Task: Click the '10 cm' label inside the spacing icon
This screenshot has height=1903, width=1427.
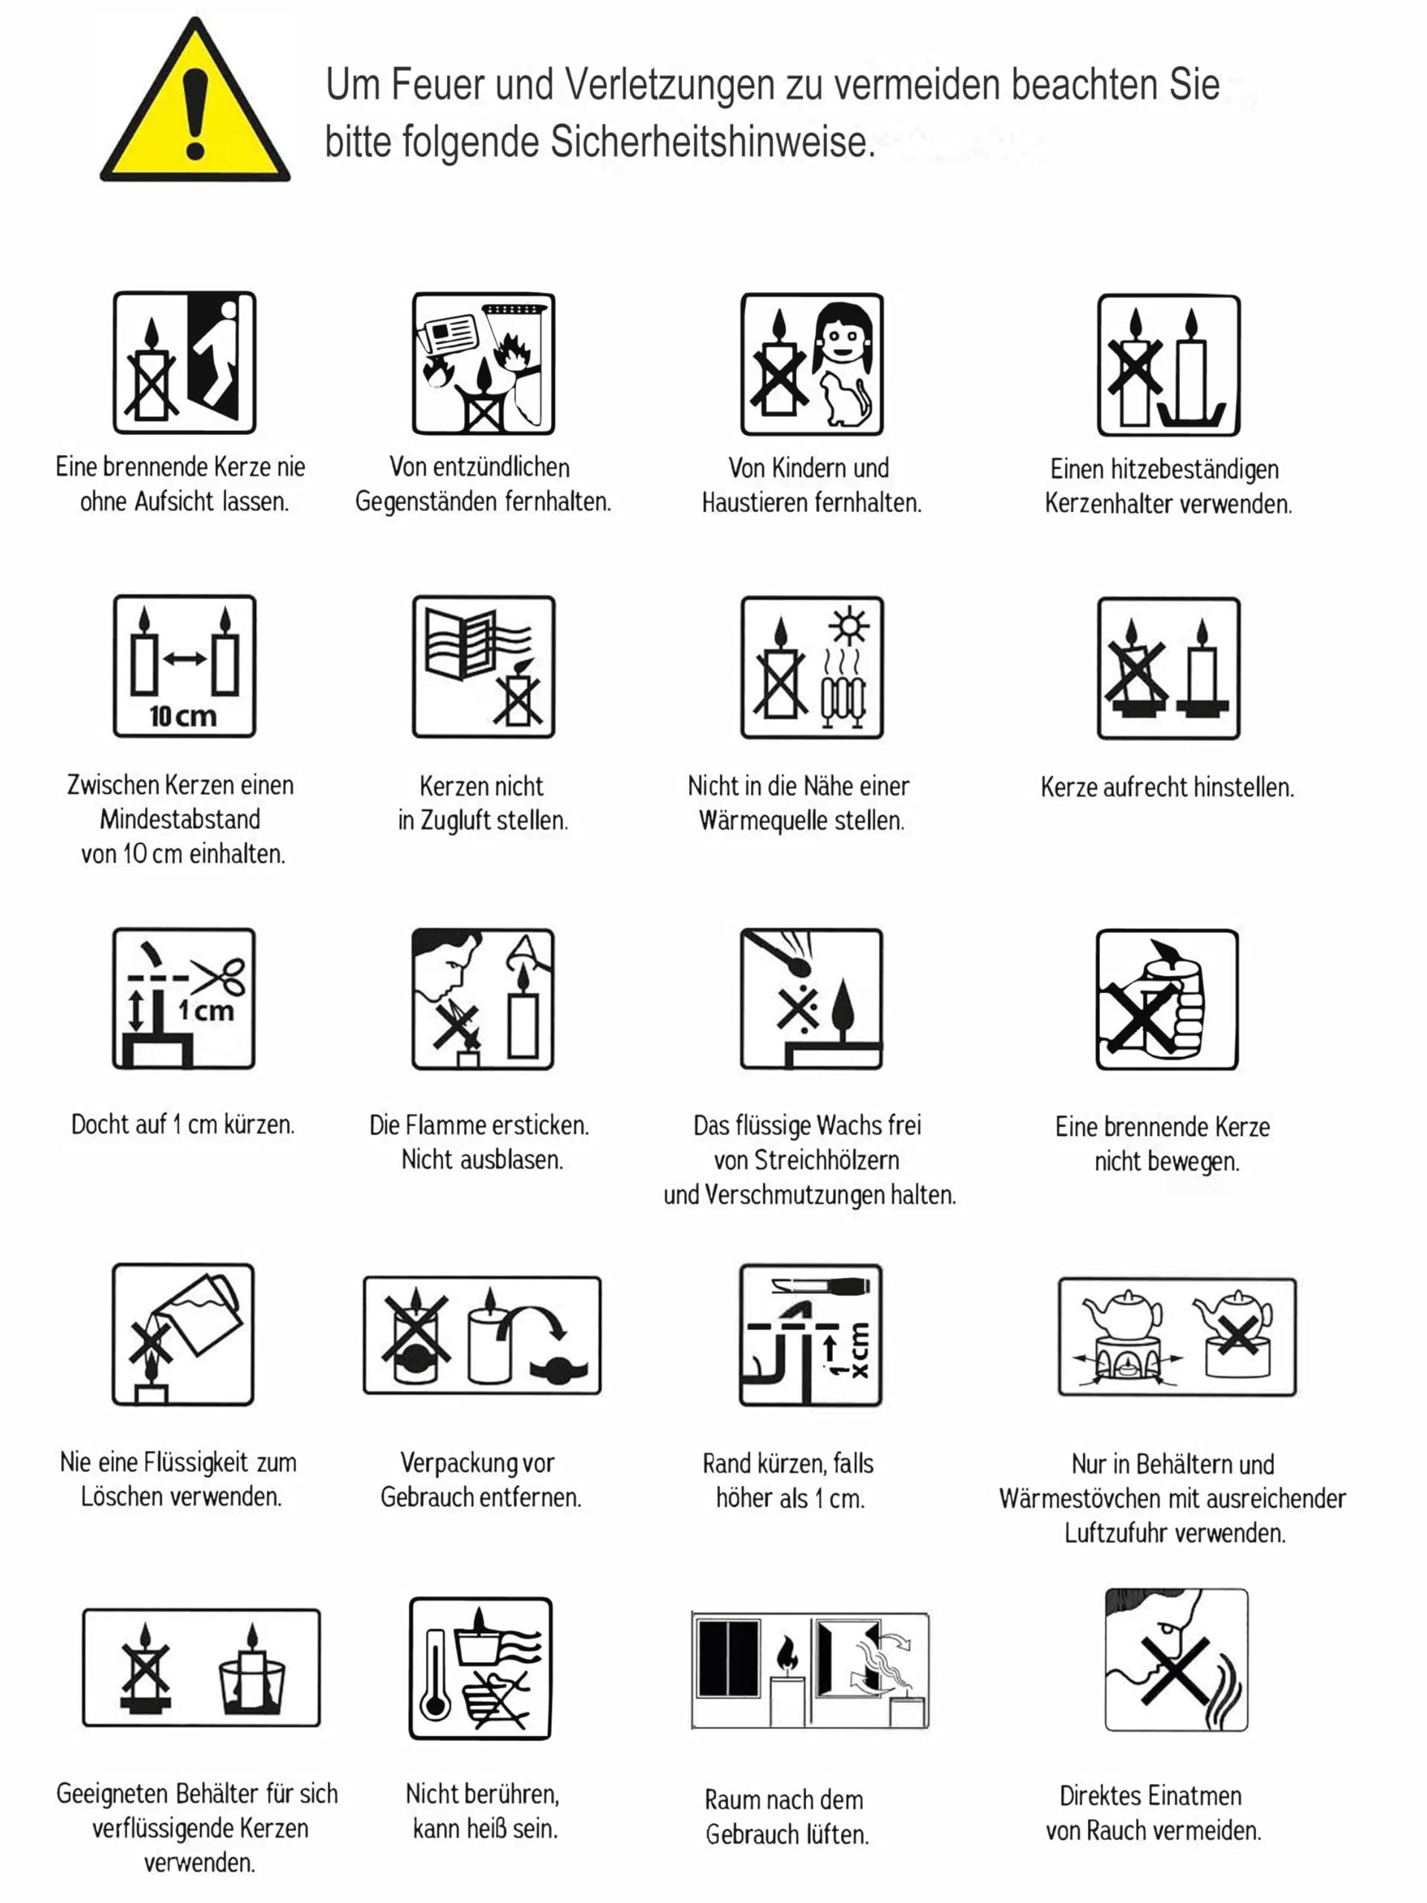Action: pyautogui.click(x=182, y=715)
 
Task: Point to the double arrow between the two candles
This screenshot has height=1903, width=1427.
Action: pyautogui.click(x=184, y=659)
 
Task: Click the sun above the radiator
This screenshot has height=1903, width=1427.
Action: pyautogui.click(x=848, y=627)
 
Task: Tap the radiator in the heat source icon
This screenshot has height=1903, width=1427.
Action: pyautogui.click(x=843, y=701)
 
